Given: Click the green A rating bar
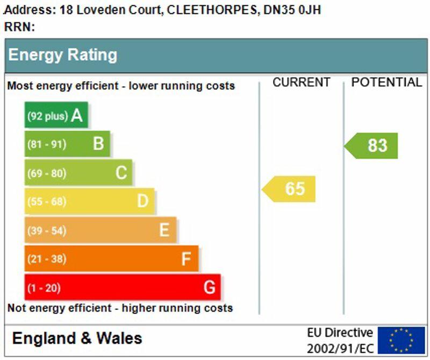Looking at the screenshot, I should [x=56, y=115].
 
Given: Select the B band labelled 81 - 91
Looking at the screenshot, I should [x=67, y=144].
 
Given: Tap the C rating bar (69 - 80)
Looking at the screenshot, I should [x=78, y=173].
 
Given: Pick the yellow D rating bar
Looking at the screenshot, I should [x=89, y=201].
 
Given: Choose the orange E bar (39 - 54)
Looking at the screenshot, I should [x=100, y=230].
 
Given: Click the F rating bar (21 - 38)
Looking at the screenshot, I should [x=111, y=259].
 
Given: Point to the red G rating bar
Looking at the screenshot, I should [x=122, y=287].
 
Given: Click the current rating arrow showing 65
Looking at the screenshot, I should [x=289, y=189].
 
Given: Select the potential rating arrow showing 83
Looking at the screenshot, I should [x=372, y=145].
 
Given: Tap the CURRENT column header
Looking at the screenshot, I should [x=301, y=82].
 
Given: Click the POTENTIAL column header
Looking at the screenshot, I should [x=386, y=82].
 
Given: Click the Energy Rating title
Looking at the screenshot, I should [x=62, y=55].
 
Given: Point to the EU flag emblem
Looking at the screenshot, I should [x=401, y=340].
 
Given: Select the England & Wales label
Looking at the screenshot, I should [x=77, y=338].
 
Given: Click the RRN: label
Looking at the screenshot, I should [x=19, y=27].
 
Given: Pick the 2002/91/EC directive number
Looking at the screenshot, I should [x=340, y=348].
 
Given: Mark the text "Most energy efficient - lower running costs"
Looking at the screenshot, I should [x=121, y=86].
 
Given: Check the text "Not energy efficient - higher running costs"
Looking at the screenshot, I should [x=120, y=308].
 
